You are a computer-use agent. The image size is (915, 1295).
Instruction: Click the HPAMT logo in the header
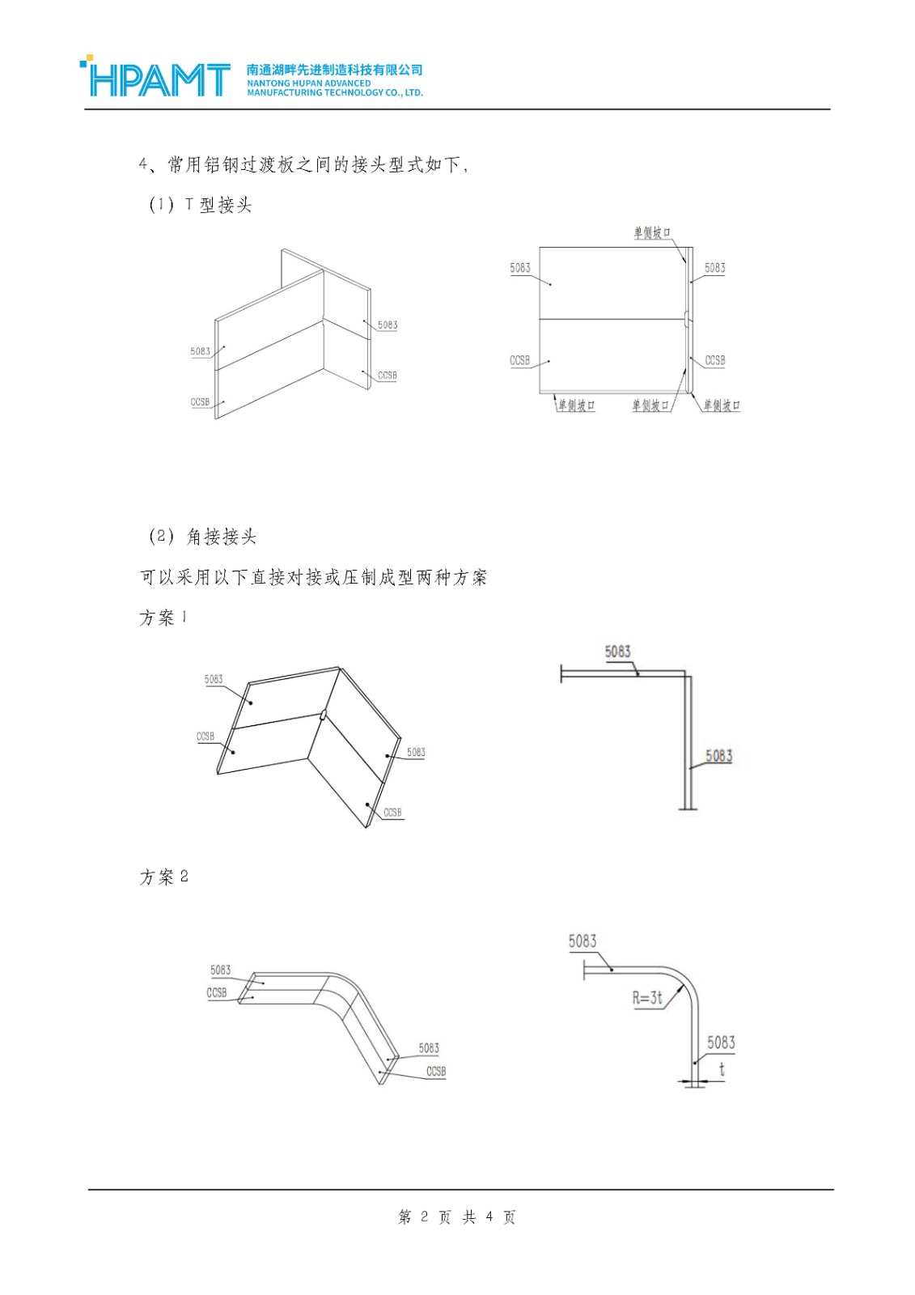tap(155, 79)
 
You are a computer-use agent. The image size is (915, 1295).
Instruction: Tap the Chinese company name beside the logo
tap(334, 70)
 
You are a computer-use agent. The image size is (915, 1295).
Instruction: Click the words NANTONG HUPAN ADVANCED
tap(308, 83)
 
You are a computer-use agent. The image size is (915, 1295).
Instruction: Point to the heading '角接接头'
tap(221, 536)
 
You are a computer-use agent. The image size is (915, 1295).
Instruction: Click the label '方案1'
tap(163, 618)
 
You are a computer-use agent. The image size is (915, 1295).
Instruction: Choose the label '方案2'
tap(163, 877)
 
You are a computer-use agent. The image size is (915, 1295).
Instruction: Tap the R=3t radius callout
tap(647, 998)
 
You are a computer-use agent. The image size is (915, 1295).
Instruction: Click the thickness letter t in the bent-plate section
tap(722, 1069)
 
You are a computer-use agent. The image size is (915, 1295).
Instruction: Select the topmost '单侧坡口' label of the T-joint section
tap(651, 233)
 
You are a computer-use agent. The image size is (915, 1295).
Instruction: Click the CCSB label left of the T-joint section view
tap(519, 360)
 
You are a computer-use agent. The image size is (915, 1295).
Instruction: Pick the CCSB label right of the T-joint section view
tap(714, 360)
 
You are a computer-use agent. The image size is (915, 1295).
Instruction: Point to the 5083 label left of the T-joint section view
tap(519, 268)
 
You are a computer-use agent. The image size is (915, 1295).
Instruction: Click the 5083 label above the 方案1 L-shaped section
tap(617, 652)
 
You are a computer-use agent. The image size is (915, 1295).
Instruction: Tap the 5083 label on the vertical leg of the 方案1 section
tap(718, 756)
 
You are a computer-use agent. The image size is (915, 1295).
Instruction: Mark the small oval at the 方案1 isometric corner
tap(323, 715)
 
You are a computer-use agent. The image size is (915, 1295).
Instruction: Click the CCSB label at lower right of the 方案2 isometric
tap(436, 1071)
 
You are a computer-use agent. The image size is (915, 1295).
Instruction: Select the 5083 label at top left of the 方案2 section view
tap(582, 940)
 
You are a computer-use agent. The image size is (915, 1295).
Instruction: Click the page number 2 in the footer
tap(424, 1216)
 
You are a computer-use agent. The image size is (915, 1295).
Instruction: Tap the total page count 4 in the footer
tap(489, 1216)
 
